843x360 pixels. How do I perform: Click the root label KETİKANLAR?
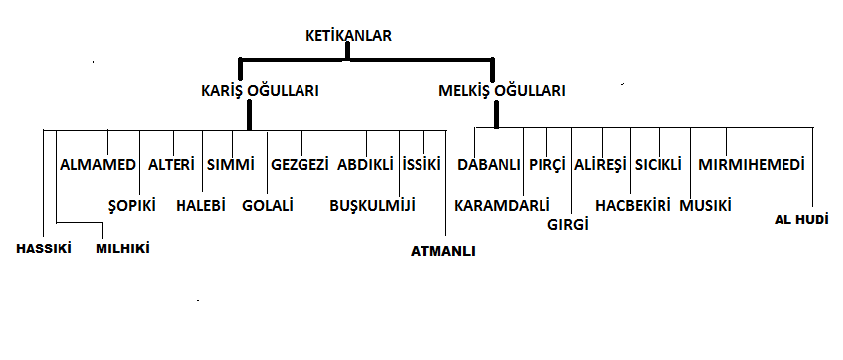[x=348, y=36]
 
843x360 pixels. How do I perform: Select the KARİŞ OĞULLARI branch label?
[x=260, y=91]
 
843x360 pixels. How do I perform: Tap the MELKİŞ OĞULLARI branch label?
[x=502, y=91]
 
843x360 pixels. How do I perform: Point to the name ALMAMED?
[x=98, y=165]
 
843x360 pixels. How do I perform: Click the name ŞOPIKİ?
[x=132, y=205]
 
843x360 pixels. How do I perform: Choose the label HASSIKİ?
[x=44, y=249]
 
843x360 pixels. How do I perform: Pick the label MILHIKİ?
[x=123, y=249]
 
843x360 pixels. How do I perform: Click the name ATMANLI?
[x=443, y=252]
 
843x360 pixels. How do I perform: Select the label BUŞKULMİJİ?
[x=373, y=205]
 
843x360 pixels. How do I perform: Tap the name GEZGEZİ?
[x=300, y=165]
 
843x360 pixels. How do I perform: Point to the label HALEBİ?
[x=200, y=205]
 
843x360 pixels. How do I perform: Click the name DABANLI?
[x=489, y=165]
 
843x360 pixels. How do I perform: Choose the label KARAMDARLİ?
[x=502, y=205]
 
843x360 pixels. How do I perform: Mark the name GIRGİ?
[x=568, y=224]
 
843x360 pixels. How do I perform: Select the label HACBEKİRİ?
[x=634, y=205]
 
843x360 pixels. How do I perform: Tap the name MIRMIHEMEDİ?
[x=752, y=165]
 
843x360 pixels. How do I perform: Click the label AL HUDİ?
[x=801, y=220]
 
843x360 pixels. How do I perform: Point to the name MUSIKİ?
[x=706, y=205]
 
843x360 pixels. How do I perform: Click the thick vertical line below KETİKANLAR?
[x=347, y=50]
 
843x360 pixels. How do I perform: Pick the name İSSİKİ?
[x=421, y=165]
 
